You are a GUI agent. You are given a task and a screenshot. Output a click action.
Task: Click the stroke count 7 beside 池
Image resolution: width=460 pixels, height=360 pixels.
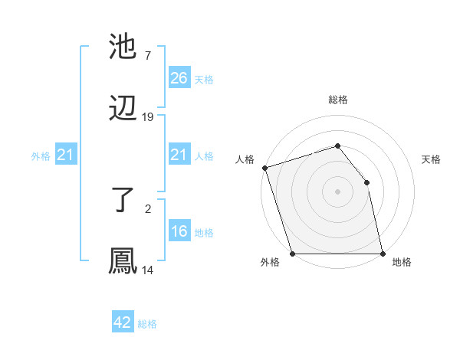[147, 57]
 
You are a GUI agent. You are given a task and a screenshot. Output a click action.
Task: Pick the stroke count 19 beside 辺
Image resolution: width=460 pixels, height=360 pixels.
[148, 116]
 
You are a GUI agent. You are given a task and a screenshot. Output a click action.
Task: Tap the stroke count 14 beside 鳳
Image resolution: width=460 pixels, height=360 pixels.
[148, 270]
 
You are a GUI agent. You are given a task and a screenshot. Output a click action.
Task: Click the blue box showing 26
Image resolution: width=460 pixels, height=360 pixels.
[179, 78]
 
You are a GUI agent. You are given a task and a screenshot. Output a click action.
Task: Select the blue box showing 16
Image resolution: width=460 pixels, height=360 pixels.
[179, 231]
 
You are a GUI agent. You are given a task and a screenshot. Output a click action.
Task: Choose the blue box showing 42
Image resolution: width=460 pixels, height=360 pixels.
[123, 322]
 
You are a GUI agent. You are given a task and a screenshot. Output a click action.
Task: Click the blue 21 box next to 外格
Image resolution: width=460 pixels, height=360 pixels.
[65, 155]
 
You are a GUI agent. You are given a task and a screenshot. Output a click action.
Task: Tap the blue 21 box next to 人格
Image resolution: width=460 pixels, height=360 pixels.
[179, 155]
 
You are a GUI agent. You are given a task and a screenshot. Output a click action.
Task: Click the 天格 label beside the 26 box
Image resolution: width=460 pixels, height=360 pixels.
[204, 79]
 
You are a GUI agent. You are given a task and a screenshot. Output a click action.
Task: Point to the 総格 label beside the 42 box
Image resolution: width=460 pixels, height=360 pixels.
[147, 324]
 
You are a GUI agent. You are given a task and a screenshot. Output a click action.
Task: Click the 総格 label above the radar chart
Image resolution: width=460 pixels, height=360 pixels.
[338, 100]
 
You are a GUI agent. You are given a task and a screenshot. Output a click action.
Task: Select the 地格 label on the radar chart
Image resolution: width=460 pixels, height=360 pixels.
[402, 263]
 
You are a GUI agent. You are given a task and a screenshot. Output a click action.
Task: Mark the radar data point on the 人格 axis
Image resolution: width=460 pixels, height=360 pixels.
[264, 168]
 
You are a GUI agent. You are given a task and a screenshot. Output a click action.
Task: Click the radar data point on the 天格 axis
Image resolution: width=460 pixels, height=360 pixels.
[366, 182]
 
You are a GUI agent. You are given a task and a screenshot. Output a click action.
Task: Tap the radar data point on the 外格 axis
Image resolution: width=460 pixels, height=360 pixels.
[292, 254]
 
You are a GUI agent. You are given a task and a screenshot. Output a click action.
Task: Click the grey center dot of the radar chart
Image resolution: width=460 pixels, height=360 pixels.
[337, 191]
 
